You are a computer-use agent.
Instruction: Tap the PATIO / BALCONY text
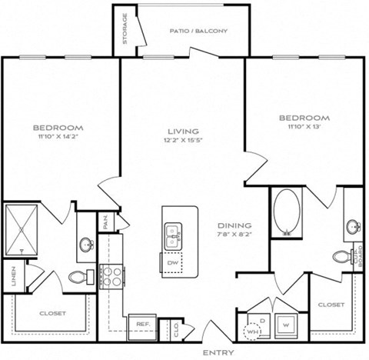(x=192, y=32)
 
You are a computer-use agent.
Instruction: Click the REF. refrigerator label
(x=142, y=325)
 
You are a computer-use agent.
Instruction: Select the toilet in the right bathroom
(x=341, y=256)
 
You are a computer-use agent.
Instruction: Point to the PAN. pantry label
(x=105, y=222)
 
